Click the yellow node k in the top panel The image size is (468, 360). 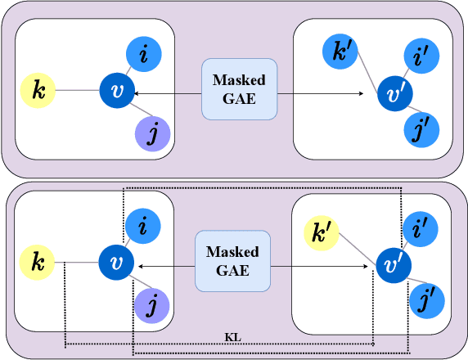pyautogui.click(x=37, y=90)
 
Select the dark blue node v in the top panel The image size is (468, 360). pyautogui.click(x=117, y=90)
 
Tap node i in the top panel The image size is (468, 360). pyautogui.click(x=145, y=56)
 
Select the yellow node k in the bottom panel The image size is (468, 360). pyautogui.click(x=36, y=263)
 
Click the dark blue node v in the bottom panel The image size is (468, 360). pyautogui.click(x=117, y=263)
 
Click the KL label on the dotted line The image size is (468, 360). pyautogui.click(x=232, y=335)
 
